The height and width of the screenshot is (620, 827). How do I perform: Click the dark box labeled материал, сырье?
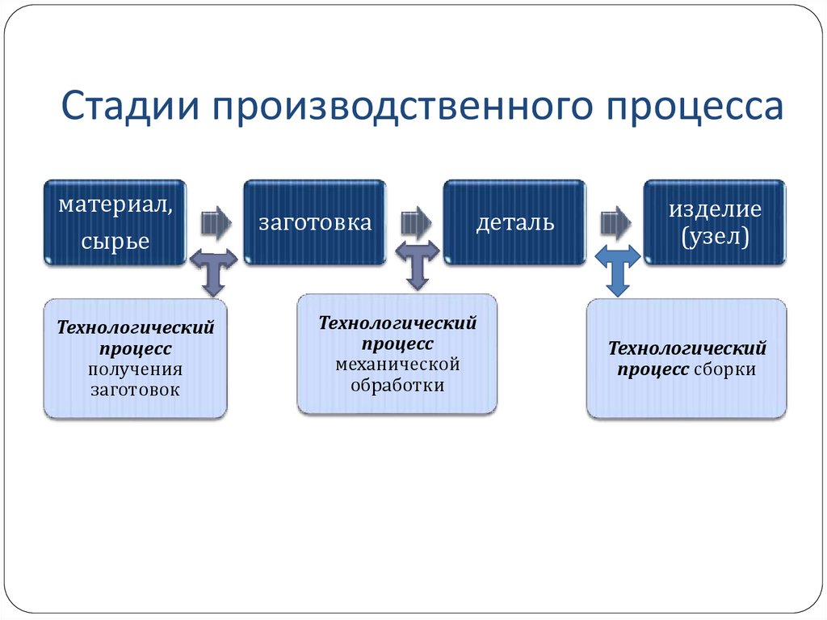point(115,222)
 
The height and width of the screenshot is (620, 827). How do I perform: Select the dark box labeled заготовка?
point(315,222)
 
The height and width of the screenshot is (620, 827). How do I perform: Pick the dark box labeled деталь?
point(515,222)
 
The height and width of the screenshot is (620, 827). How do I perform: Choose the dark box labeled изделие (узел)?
point(714,222)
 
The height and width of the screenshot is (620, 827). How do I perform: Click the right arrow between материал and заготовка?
point(215,222)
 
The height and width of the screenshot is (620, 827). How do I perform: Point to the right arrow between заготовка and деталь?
point(415,222)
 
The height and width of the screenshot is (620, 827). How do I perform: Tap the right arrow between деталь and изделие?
point(615,222)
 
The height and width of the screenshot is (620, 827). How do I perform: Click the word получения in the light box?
point(136,369)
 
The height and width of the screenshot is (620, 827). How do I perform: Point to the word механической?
point(397,365)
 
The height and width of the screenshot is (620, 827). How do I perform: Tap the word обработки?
point(397,385)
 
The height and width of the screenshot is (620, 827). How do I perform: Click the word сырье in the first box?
point(115,241)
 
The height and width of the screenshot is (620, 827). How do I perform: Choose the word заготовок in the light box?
point(136,390)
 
